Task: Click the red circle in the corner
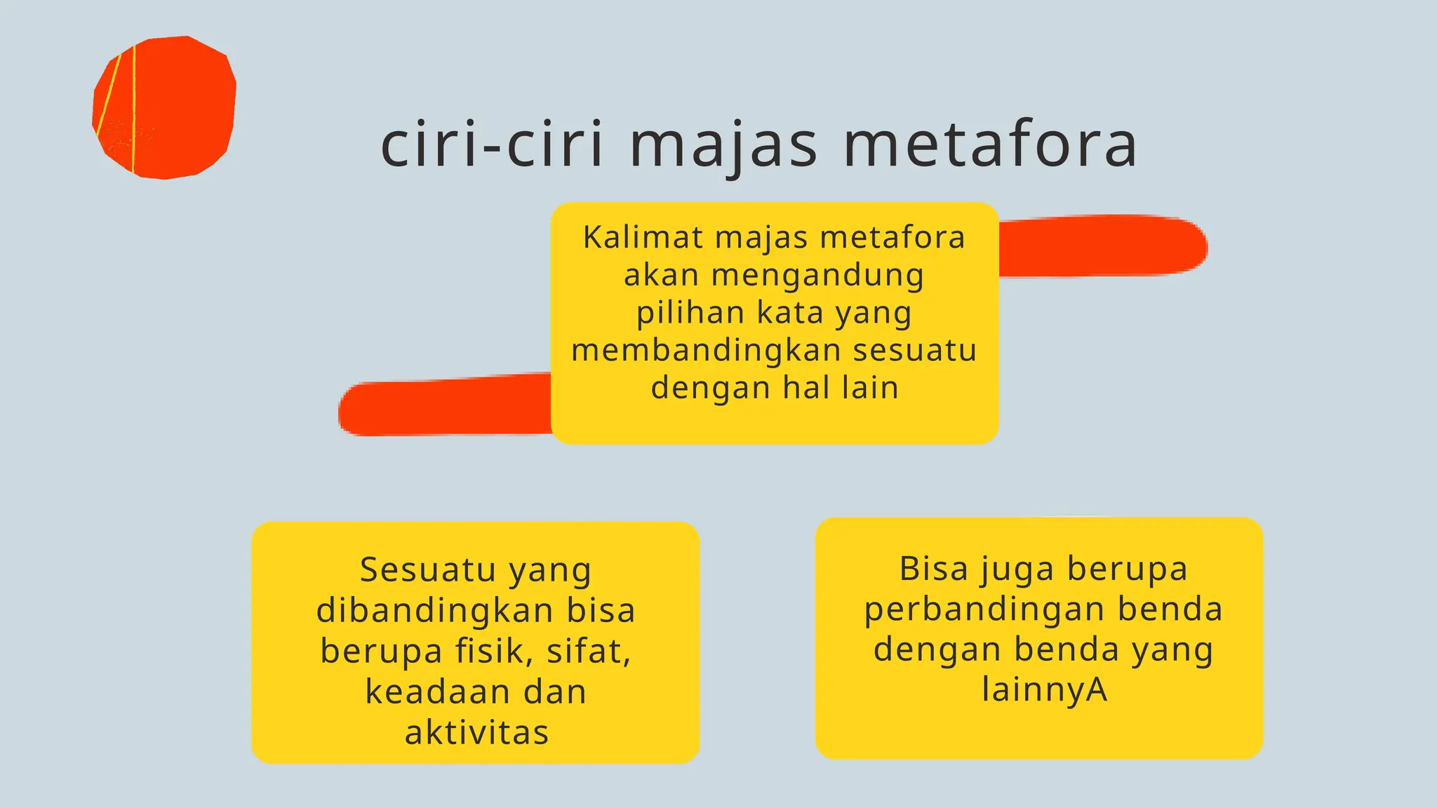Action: pyautogui.click(x=164, y=107)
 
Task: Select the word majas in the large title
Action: pyautogui.click(x=723, y=146)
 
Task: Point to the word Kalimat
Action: pyautogui.click(x=643, y=237)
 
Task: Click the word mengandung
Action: pyautogui.click(x=817, y=276)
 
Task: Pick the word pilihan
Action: pyautogui.click(x=690, y=312)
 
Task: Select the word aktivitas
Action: pyautogui.click(x=476, y=732)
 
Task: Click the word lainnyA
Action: pyautogui.click(x=1044, y=689)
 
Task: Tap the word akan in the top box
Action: pyautogui.click(x=661, y=275)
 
